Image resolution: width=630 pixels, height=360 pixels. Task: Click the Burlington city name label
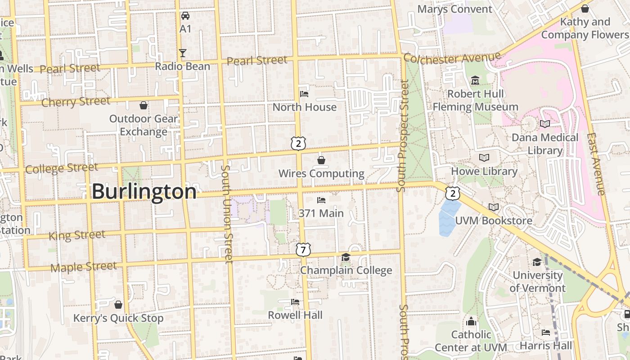tap(144, 192)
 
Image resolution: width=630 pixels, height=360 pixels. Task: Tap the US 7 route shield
tap(303, 249)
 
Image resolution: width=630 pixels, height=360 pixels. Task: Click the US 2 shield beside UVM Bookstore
tap(453, 193)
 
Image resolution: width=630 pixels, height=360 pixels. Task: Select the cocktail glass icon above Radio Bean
tap(182, 53)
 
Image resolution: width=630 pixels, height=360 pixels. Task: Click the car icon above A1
tap(185, 16)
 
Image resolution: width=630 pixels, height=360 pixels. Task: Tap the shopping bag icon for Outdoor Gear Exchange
tap(144, 105)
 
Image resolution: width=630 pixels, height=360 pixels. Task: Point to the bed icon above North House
tap(304, 94)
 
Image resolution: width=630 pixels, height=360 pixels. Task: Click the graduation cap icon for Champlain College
tap(346, 257)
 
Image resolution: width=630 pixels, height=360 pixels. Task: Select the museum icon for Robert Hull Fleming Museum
tap(475, 81)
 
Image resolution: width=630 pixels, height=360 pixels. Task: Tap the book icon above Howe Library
tap(484, 158)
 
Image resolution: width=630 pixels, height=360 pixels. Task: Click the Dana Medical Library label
tap(545, 144)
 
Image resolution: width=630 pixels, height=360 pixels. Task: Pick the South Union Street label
tap(227, 214)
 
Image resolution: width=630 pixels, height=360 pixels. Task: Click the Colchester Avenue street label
tap(452, 58)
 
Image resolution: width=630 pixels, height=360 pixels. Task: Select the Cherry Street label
tap(76, 102)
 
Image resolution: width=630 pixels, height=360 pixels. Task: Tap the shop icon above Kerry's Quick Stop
tap(118, 305)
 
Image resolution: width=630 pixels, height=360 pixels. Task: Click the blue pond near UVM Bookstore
tap(449, 217)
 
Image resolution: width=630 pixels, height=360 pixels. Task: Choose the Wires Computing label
tap(321, 173)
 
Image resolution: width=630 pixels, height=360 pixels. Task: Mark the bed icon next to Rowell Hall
tap(295, 301)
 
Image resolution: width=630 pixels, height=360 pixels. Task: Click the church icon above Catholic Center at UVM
tap(471, 321)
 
